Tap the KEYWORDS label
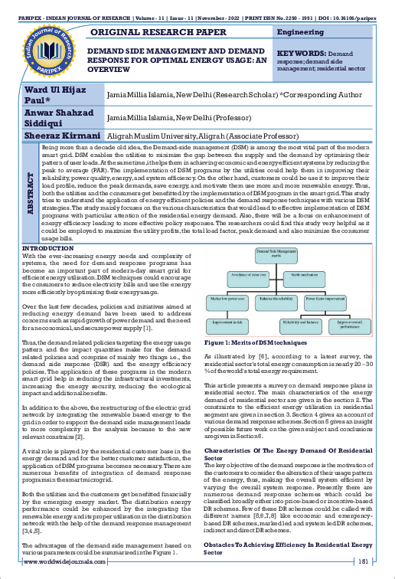pos(306,56)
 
